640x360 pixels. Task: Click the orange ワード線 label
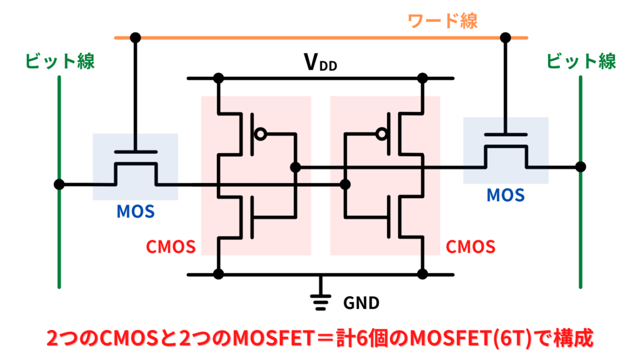(442, 21)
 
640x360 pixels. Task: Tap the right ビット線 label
(581, 61)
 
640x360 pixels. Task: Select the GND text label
(361, 303)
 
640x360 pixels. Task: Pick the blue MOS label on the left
(135, 212)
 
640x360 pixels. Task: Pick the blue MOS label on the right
(506, 196)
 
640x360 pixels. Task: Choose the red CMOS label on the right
(471, 247)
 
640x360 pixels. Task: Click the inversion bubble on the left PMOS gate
(261, 133)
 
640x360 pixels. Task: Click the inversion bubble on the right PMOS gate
(380, 133)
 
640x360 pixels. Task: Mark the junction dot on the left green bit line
(59, 184)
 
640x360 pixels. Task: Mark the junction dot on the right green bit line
(581, 167)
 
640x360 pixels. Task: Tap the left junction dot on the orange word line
(135, 37)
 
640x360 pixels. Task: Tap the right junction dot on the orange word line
(506, 37)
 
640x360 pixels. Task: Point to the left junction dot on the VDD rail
(218, 79)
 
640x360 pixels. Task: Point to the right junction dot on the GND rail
(422, 274)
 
